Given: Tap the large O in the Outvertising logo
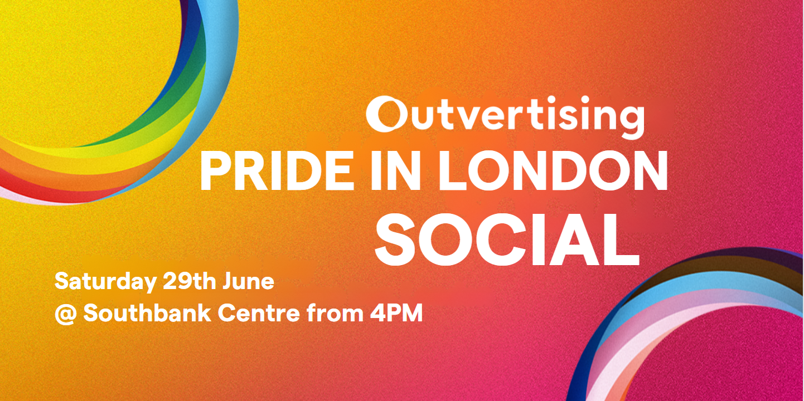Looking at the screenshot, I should [383, 114].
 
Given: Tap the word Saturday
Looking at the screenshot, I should [105, 282].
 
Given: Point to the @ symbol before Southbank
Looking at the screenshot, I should [66, 314].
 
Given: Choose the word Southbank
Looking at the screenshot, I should [147, 313].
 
